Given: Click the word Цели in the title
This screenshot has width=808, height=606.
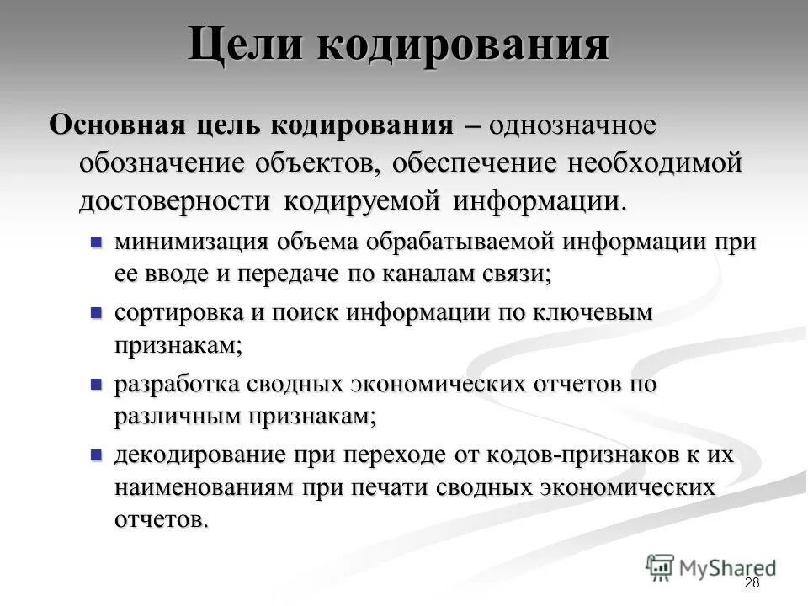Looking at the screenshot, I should [244, 44].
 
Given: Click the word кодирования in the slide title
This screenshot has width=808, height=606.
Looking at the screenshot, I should [462, 44].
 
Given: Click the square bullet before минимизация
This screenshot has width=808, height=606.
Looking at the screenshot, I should [96, 242].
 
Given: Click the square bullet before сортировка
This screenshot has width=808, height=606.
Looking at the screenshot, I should [96, 312].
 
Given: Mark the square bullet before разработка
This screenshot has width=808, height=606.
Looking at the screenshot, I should [96, 384].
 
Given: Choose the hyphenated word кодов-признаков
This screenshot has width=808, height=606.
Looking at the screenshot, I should [607, 455].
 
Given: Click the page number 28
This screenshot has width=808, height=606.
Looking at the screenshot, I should [752, 584].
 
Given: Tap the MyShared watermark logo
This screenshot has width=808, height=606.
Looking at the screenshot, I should [710, 567].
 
